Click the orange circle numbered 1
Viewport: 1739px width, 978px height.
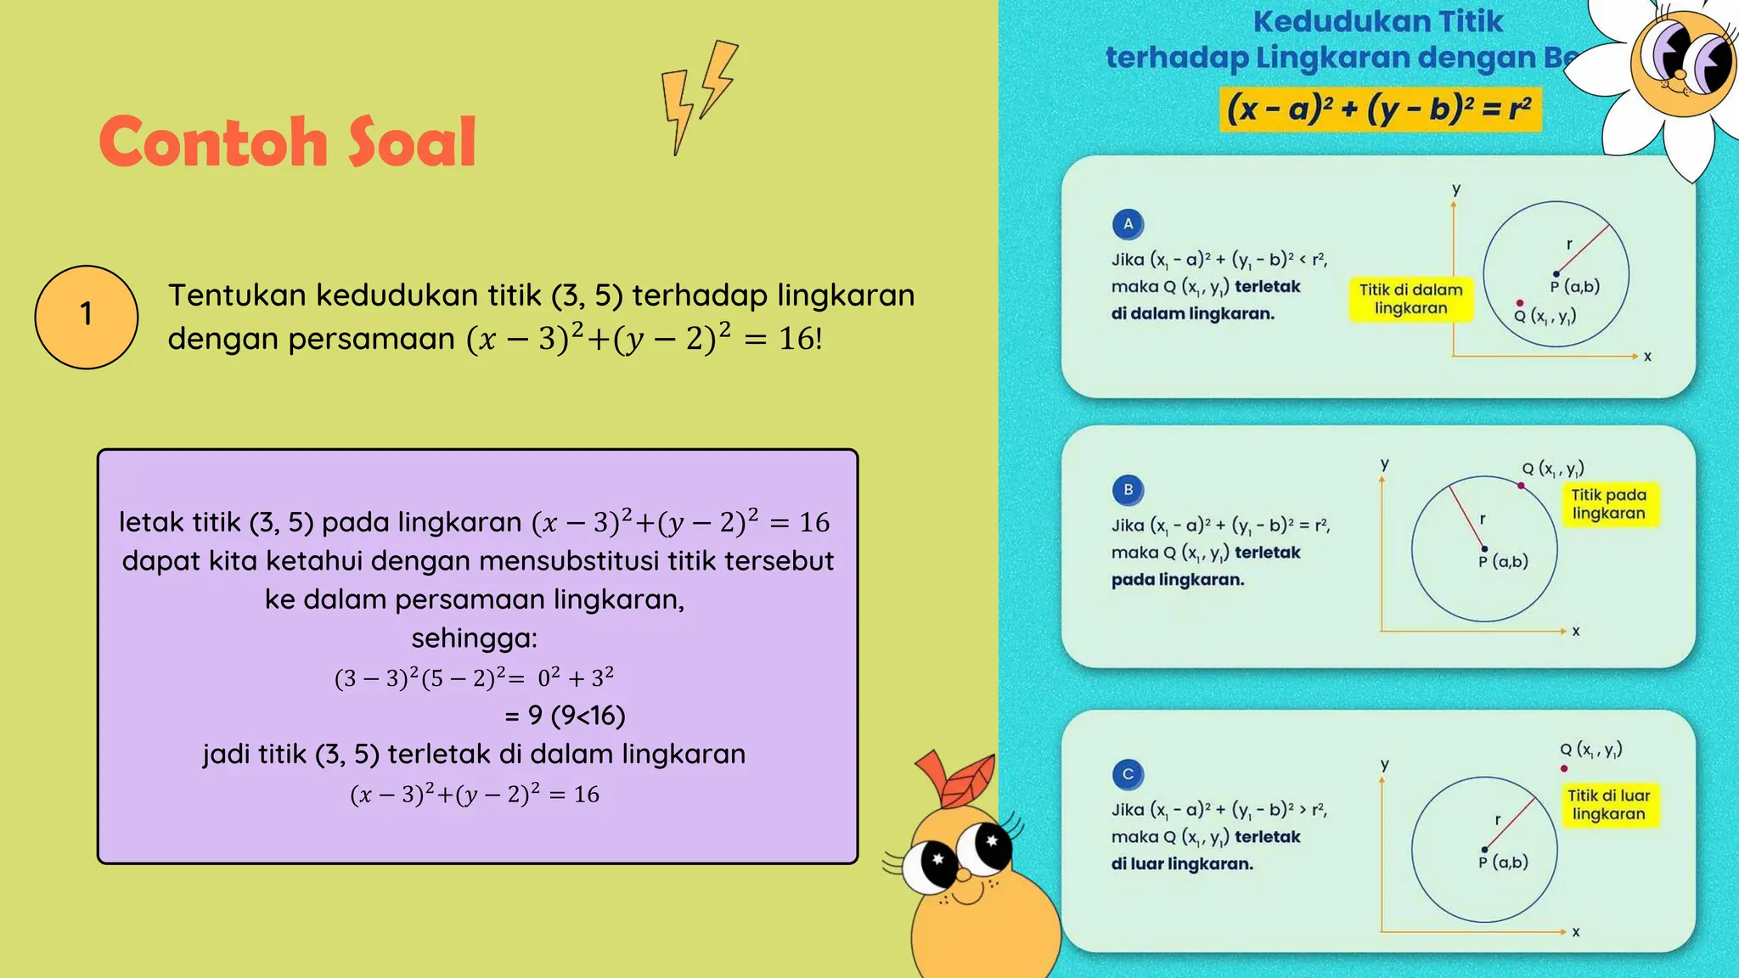click(x=86, y=317)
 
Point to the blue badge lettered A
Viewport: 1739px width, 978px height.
click(x=1128, y=224)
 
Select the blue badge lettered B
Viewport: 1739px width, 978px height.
click(x=1128, y=490)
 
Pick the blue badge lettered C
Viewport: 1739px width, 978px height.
click(x=1128, y=774)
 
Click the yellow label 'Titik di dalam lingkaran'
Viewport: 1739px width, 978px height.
click(x=1410, y=299)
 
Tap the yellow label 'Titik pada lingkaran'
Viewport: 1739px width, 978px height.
click(x=1608, y=504)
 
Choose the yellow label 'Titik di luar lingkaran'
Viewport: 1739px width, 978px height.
click(x=1608, y=805)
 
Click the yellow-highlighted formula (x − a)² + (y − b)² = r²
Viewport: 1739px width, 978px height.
click(x=1379, y=110)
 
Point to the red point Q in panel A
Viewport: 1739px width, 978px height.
click(x=1520, y=303)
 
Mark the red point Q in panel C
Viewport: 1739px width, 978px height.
click(x=1564, y=768)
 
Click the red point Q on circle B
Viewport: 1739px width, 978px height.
click(x=1521, y=486)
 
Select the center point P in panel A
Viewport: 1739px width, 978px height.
click(x=1556, y=273)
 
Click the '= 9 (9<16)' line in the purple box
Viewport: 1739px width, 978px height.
click(x=565, y=716)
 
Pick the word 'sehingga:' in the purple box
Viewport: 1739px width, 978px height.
click(x=474, y=638)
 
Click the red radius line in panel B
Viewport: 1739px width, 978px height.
click(x=1466, y=514)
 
